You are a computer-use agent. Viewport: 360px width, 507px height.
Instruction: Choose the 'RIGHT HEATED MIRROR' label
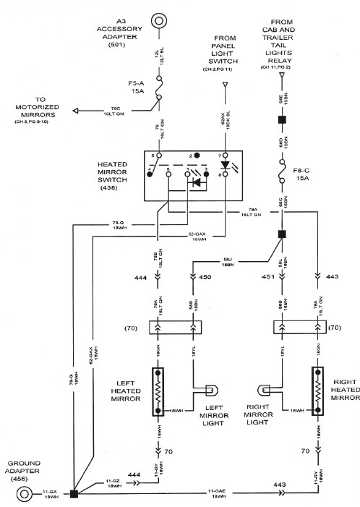pyautogui.click(x=344, y=391)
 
